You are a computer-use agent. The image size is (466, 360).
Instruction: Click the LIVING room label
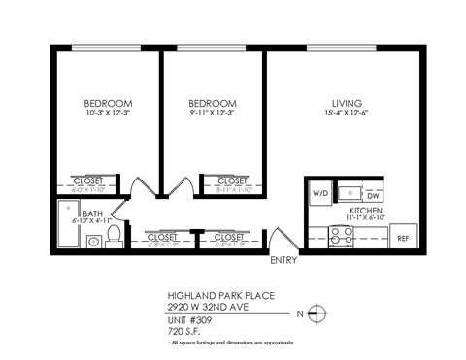[347, 103]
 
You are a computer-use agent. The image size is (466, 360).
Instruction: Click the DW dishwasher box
[372, 195]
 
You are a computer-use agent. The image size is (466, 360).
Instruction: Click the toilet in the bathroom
[114, 234]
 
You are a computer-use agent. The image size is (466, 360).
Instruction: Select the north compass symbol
[323, 311]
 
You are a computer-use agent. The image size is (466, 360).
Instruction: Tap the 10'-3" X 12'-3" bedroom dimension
[108, 114]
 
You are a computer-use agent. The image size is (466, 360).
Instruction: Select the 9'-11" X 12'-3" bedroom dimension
[213, 114]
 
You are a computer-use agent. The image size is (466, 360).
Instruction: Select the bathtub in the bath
[71, 225]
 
